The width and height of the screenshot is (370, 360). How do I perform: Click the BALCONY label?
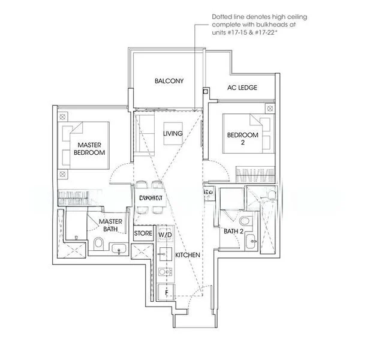point(169,81)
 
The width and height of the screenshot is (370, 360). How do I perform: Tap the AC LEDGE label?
point(242,88)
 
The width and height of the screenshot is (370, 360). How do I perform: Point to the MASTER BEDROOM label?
point(89,149)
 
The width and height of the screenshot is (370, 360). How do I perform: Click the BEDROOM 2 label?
point(242,139)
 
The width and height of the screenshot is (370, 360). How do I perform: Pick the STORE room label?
point(143,233)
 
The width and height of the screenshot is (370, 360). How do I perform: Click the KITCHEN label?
point(187,255)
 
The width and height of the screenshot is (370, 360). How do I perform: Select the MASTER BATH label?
point(111,225)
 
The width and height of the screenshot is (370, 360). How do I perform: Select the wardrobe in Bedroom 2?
point(256,175)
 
